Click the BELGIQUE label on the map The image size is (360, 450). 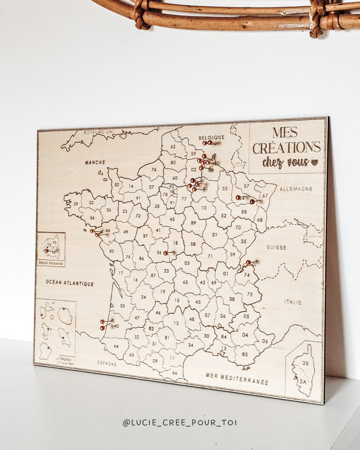pyautogui.click(x=211, y=137)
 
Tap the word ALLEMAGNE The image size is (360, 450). pyautogui.click(x=295, y=189)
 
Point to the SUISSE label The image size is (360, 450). pyautogui.click(x=277, y=247)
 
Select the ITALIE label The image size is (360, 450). pyautogui.click(x=292, y=302)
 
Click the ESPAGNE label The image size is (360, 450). pyautogui.click(x=106, y=363)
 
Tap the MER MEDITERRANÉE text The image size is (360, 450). pyautogui.click(x=237, y=380)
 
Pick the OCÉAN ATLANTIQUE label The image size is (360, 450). pyautogui.click(x=70, y=284)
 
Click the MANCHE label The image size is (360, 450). pyautogui.click(x=95, y=163)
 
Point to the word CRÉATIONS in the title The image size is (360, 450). pyautogui.click(x=286, y=148)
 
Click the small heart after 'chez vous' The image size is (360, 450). pyautogui.click(x=314, y=162)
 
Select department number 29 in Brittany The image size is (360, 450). pyautogui.click(x=75, y=204)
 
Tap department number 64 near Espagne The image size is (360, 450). pyautogui.click(x=116, y=346)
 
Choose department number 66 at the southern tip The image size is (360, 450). pyautogui.click(x=174, y=372)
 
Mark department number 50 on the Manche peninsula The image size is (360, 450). pyautogui.click(x=116, y=184)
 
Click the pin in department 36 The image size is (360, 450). pyautogui.click(x=165, y=253)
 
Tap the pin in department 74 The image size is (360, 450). pyautogui.click(x=247, y=262)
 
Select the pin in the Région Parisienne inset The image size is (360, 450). pyautogui.click(x=47, y=251)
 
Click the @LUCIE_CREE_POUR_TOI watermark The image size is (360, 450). pyautogui.click(x=180, y=421)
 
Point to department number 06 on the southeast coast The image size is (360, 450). pyautogui.click(x=264, y=341)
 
